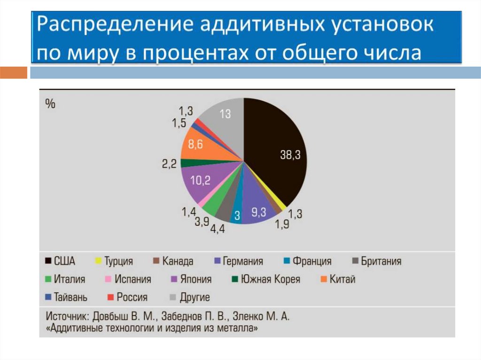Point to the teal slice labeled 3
click(237, 215)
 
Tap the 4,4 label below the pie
click(217, 230)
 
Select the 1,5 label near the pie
click(179, 123)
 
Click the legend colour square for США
click(48, 261)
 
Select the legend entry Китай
click(342, 279)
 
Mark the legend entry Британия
click(381, 261)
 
